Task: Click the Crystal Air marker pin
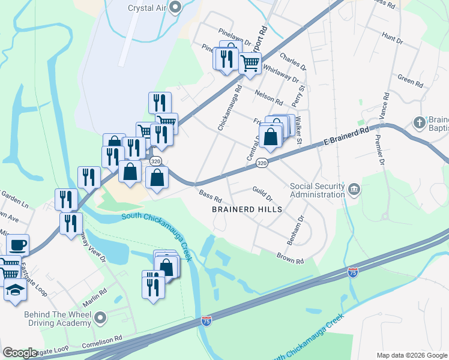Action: click(x=175, y=8)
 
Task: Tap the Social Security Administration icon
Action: click(x=354, y=190)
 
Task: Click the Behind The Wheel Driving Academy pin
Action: click(x=100, y=317)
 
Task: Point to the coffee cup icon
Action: click(x=17, y=245)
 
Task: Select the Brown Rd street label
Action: click(x=291, y=259)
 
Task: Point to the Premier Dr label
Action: click(x=378, y=149)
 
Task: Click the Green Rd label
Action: click(x=411, y=78)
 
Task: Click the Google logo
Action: click(x=20, y=353)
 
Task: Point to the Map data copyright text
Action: click(x=411, y=355)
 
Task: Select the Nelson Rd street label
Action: click(x=268, y=97)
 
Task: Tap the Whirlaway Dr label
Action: click(x=280, y=75)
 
